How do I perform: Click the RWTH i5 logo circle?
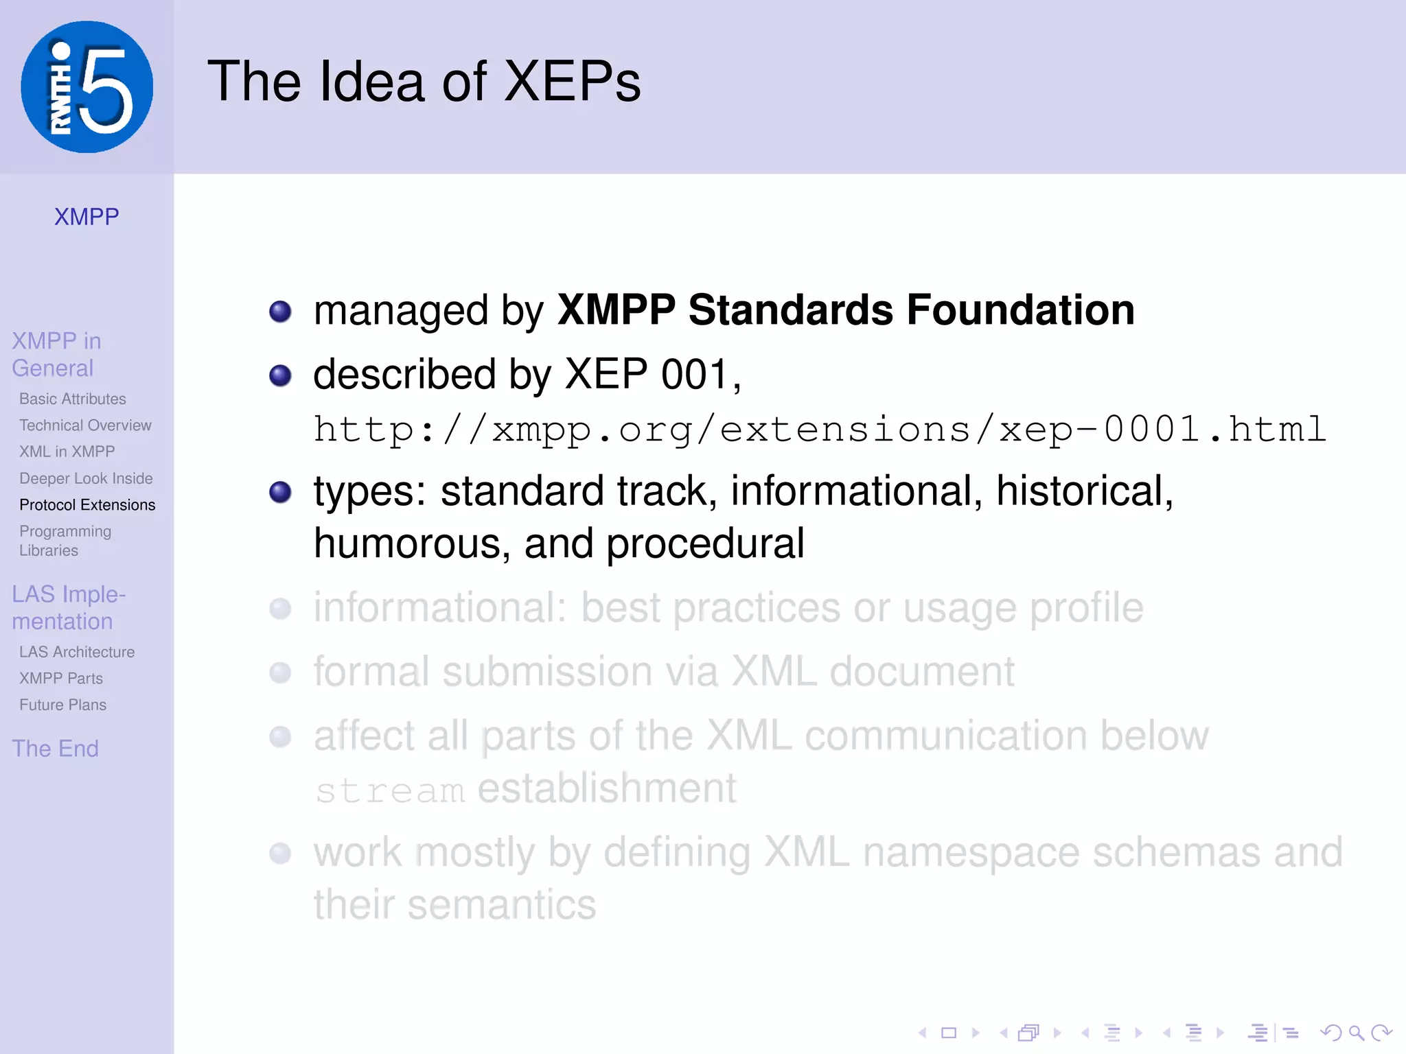[87, 86]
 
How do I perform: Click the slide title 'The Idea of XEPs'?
[424, 82]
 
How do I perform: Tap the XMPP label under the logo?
[87, 217]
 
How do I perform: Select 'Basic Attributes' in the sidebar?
[73, 399]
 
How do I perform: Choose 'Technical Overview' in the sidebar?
[85, 425]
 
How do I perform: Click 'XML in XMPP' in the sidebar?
[67, 452]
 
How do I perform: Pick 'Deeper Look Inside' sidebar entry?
[86, 478]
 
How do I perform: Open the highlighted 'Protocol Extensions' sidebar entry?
[87, 505]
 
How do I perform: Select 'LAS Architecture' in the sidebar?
[77, 652]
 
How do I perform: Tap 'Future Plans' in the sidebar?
[63, 705]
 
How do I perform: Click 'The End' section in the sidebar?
[56, 749]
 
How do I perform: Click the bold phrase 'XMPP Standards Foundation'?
[845, 310]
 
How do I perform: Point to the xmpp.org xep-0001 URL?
[820, 430]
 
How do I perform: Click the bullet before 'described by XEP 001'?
[280, 375]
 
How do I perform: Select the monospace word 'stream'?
[390, 790]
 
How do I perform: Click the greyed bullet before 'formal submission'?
[280, 672]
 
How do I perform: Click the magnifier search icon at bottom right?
[1356, 1033]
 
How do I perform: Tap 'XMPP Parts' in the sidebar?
[61, 679]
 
